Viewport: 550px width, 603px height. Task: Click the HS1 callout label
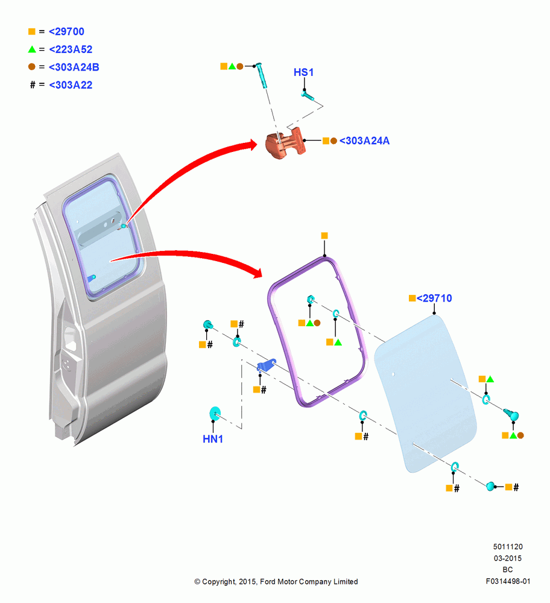click(303, 72)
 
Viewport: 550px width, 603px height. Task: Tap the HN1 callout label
click(213, 439)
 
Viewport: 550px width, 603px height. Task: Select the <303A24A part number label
click(364, 140)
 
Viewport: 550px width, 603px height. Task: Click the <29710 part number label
click(434, 298)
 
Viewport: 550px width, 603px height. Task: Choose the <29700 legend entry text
click(66, 31)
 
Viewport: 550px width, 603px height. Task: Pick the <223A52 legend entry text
click(71, 49)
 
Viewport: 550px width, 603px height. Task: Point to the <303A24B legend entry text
click(74, 67)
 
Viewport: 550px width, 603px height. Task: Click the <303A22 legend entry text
click(71, 84)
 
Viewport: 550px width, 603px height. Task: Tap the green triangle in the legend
click(32, 49)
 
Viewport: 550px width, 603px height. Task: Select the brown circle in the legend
click(32, 67)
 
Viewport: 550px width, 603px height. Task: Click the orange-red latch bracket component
click(285, 144)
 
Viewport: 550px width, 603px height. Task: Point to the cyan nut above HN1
click(215, 414)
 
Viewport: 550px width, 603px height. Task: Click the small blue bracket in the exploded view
click(266, 365)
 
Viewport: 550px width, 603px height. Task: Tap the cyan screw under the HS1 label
click(308, 95)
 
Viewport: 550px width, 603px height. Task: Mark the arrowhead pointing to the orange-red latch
click(252, 145)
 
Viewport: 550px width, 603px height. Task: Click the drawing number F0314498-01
click(508, 581)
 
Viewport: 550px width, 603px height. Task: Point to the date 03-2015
click(508, 558)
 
